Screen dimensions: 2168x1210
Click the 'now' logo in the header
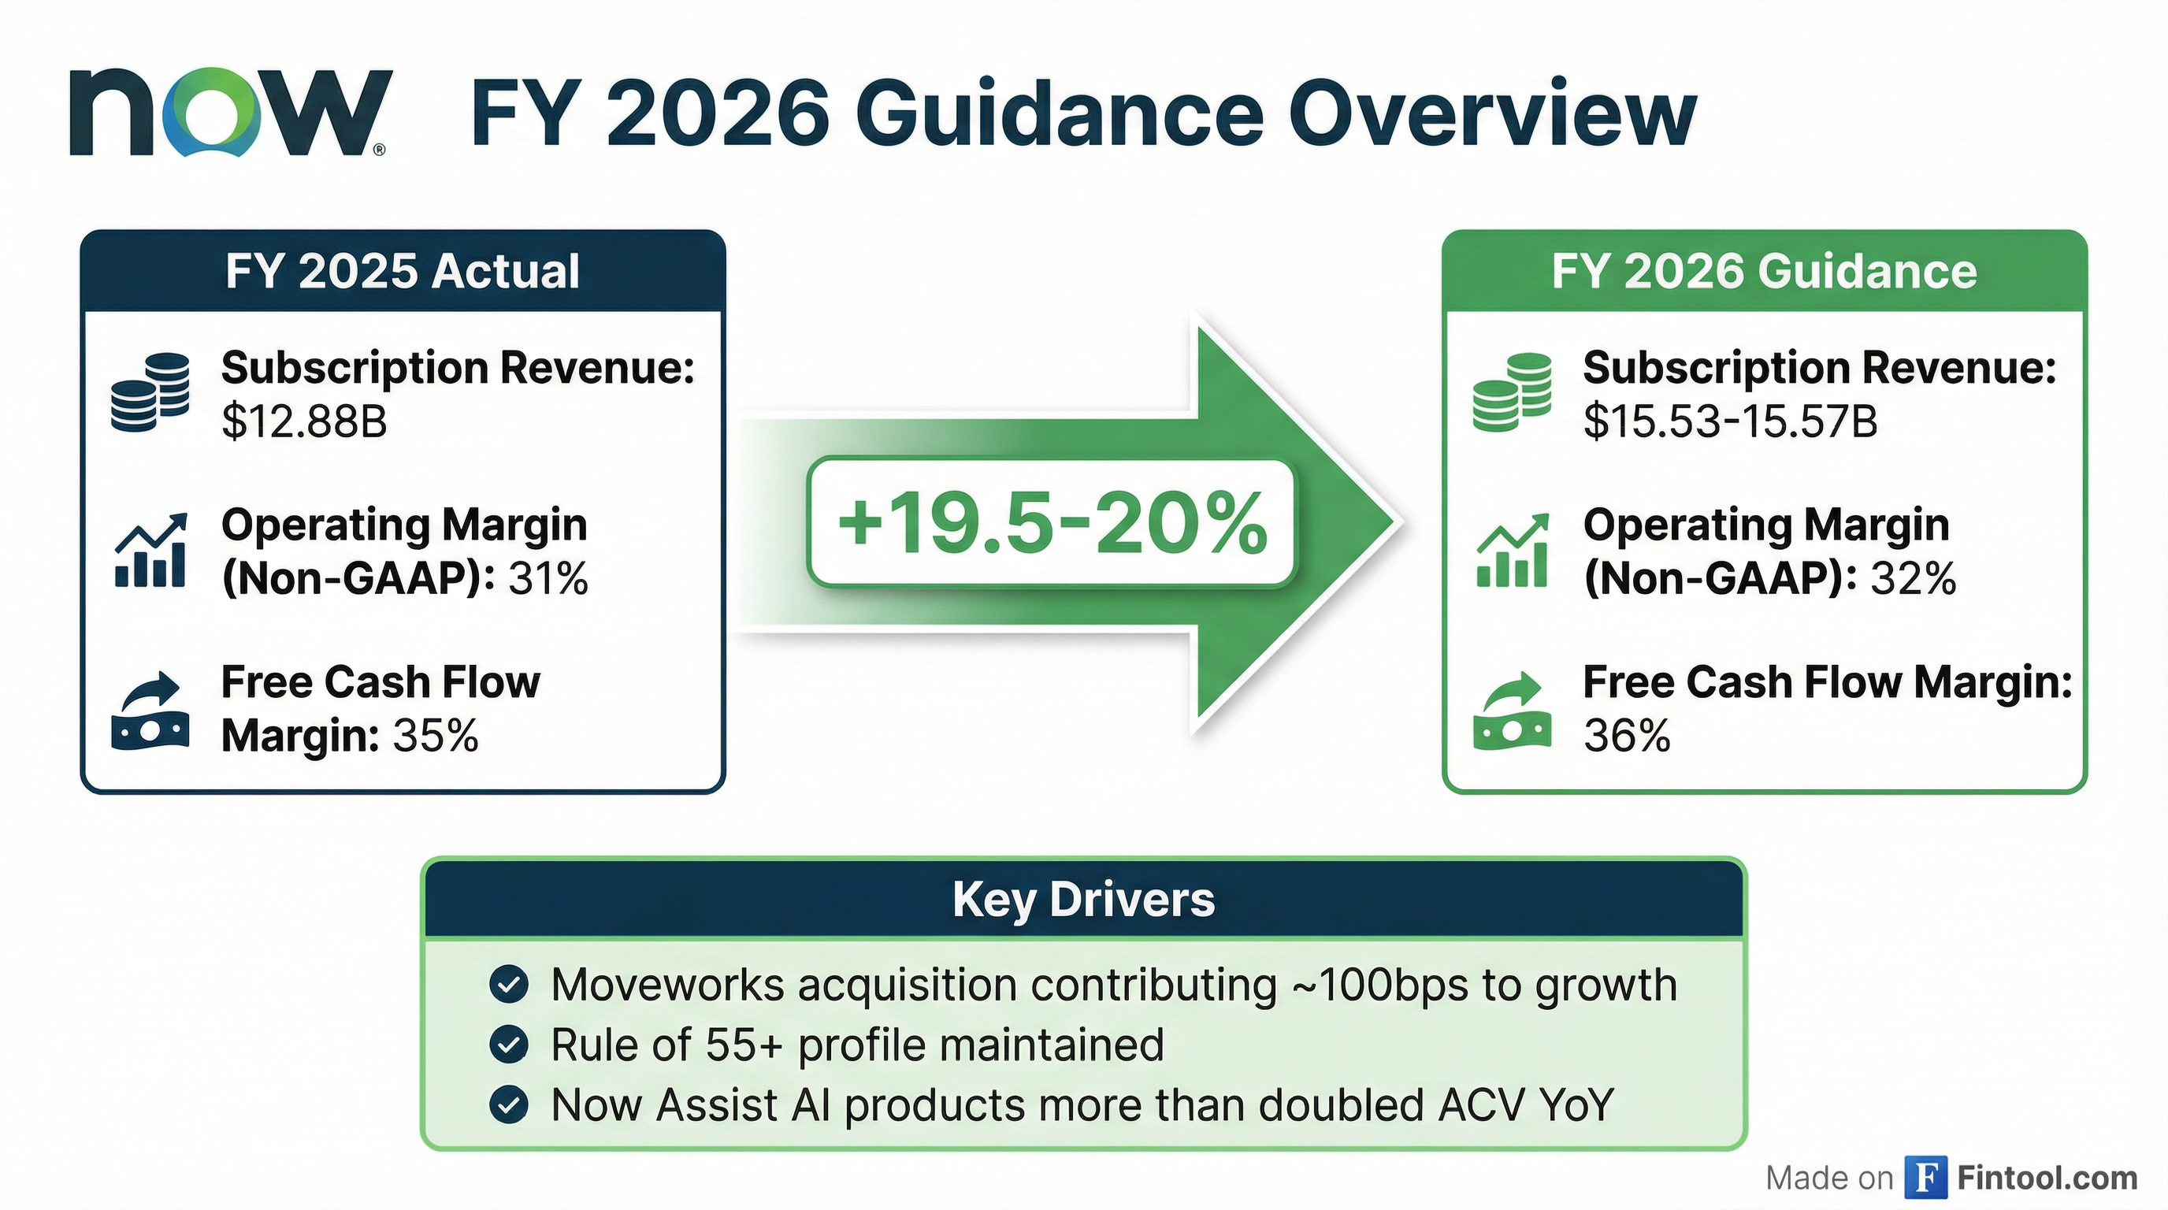[x=229, y=113]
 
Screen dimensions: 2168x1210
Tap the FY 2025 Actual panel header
[x=403, y=271]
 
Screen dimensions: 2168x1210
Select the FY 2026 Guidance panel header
[x=1764, y=271]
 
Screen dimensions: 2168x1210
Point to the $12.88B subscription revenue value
[x=304, y=421]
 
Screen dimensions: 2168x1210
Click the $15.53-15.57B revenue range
[x=1729, y=421]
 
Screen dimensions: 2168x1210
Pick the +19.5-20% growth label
[x=1051, y=522]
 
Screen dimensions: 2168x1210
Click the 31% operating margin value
[x=548, y=579]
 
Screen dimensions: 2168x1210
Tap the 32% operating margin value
[x=1913, y=579]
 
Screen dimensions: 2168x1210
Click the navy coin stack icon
[x=150, y=392]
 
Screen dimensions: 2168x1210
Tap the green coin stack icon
[x=1512, y=392]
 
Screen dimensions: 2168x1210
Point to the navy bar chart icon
[x=150, y=551]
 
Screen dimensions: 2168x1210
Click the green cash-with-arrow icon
[x=1512, y=711]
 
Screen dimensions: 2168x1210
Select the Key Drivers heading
[x=1083, y=900]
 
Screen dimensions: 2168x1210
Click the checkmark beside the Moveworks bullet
[x=509, y=985]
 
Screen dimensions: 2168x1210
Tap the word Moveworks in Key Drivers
[x=667, y=985]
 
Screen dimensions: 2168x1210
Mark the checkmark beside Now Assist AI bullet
[x=509, y=1104]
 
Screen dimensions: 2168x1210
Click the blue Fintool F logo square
[x=1925, y=1177]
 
